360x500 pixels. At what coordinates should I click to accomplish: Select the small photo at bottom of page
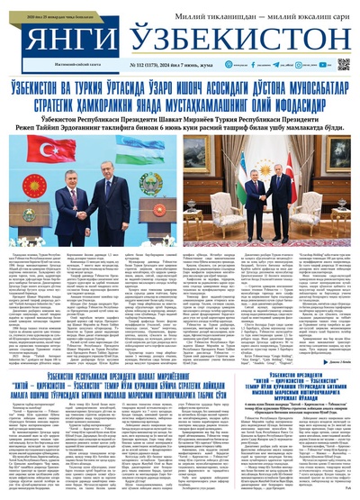click(306, 414)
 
